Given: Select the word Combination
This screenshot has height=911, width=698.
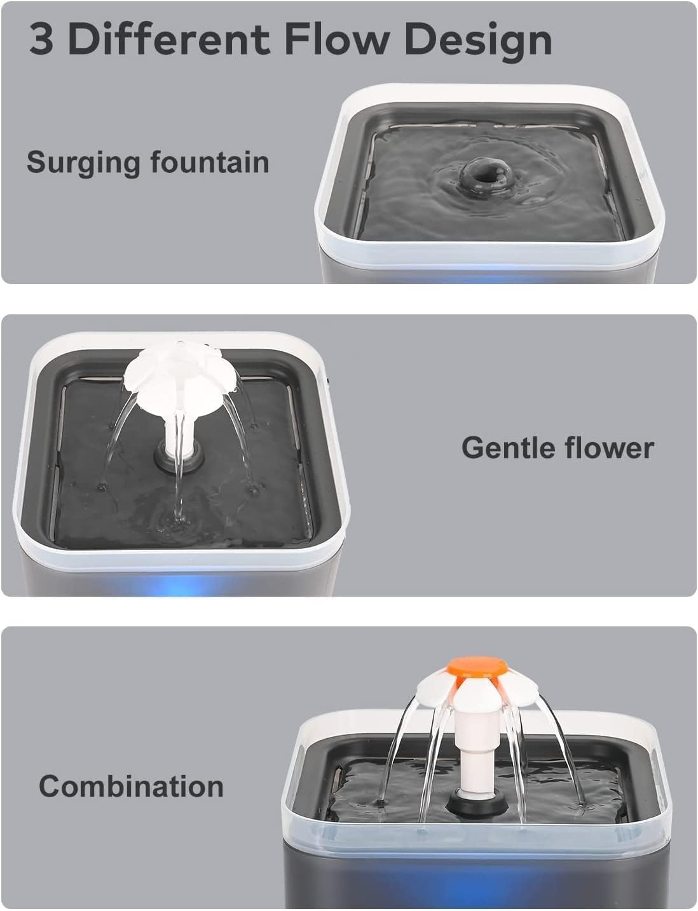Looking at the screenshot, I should click(x=131, y=786).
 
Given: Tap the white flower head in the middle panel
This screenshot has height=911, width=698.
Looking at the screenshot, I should click(x=181, y=374).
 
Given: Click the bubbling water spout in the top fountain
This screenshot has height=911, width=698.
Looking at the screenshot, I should click(x=480, y=172).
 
